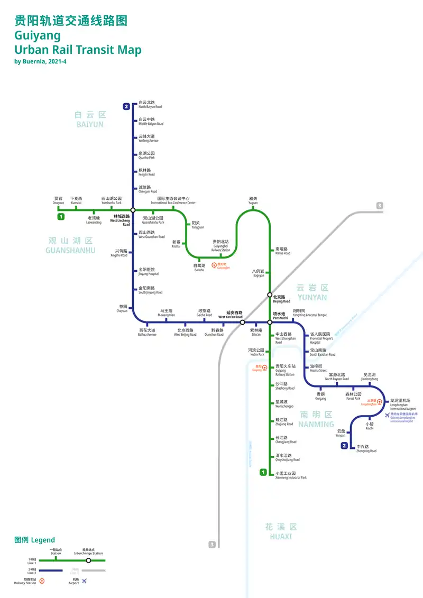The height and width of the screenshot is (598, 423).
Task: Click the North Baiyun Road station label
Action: point(150,105)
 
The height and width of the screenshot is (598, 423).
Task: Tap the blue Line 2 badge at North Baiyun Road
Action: point(126,107)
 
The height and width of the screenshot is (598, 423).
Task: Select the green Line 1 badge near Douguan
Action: point(61,217)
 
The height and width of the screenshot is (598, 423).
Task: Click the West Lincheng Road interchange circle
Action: point(133,210)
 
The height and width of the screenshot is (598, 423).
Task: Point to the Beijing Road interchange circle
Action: point(269,295)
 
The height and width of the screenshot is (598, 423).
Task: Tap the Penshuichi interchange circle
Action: point(269,322)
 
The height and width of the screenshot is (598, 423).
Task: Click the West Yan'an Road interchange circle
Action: point(242,322)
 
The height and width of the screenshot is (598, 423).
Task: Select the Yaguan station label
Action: point(253,201)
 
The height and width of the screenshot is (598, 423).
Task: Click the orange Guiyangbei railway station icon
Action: point(214,265)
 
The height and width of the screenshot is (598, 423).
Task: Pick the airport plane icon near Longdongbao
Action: point(388,415)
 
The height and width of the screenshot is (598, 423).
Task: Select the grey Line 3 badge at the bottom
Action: point(212,544)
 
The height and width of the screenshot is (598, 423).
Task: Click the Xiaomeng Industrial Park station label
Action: point(291,475)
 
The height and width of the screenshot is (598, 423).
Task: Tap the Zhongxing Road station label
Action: point(366,448)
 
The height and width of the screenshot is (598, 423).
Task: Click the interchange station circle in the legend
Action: point(88,560)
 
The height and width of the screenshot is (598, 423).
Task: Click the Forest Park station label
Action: point(353,396)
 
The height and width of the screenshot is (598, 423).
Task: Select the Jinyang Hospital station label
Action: point(148,271)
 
